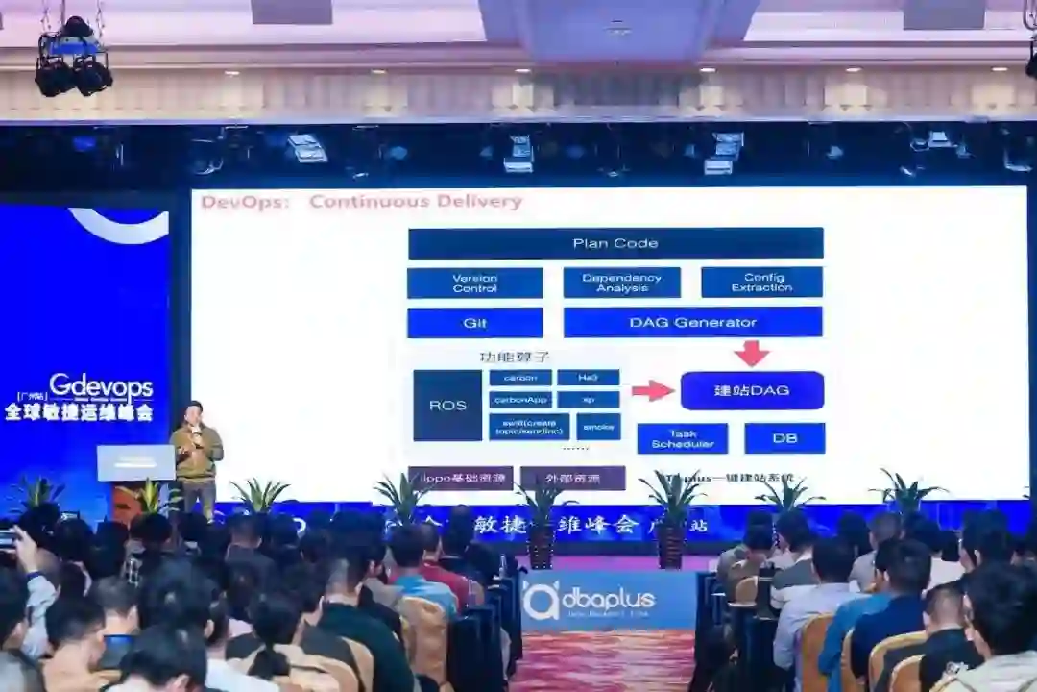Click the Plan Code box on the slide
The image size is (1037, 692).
coord(615,243)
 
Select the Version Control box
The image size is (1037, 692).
coord(474,284)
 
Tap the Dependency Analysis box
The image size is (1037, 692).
coord(621,284)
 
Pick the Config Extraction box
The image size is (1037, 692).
coord(761,283)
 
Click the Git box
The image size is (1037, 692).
coord(474,323)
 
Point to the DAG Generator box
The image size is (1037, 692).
coord(692,323)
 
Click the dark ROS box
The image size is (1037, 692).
coord(447,406)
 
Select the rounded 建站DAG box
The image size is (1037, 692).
coord(752,391)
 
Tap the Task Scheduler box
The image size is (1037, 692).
coord(682,438)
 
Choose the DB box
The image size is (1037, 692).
coord(784,438)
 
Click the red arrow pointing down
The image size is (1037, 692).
coord(752,353)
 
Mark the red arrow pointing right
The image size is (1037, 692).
coord(653,390)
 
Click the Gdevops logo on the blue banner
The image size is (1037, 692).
coord(100,387)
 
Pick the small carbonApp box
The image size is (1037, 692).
coord(519,399)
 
